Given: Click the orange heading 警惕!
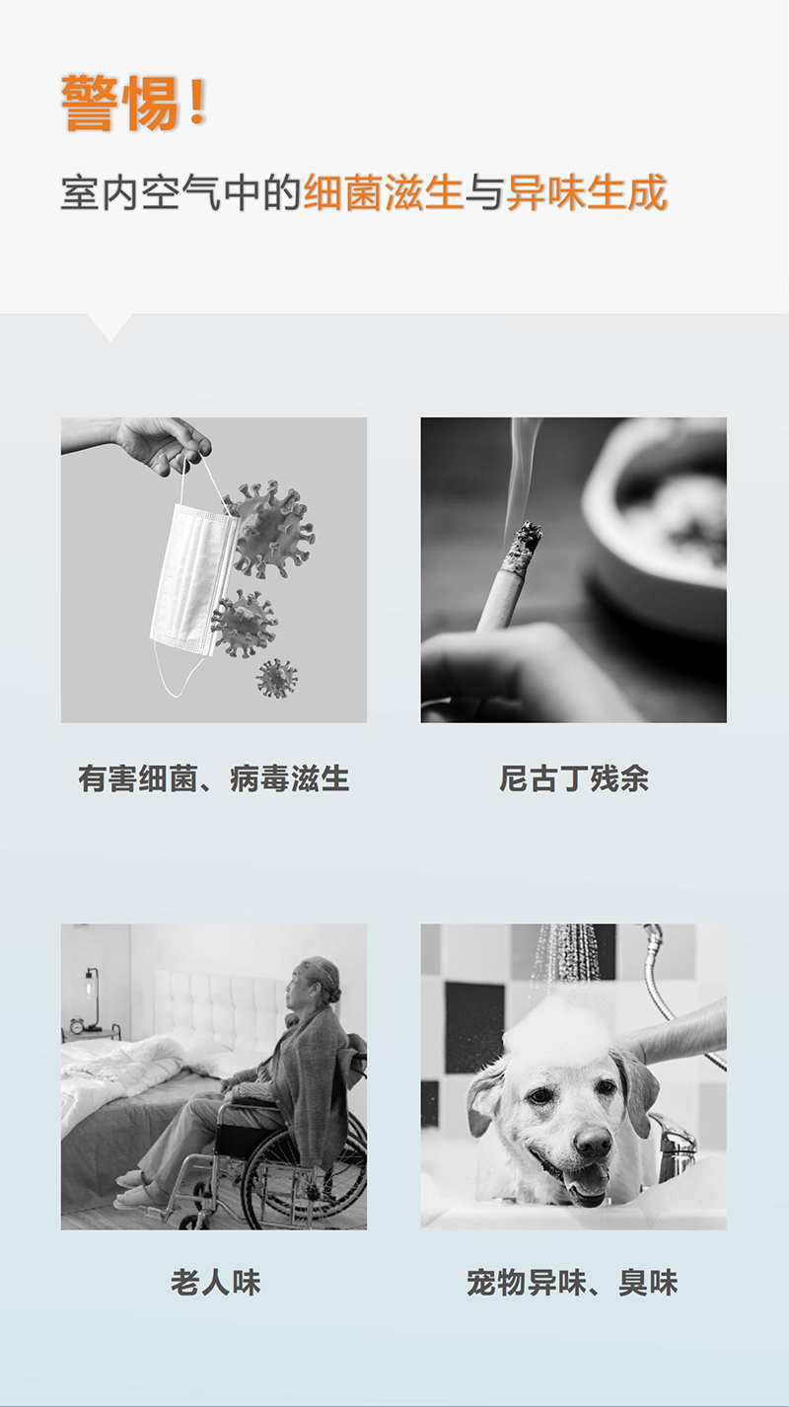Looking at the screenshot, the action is click(134, 103).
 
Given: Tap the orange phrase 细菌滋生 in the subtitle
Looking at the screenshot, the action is click(383, 192).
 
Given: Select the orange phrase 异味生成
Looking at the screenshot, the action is click(586, 192).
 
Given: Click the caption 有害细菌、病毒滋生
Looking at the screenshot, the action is click(213, 778).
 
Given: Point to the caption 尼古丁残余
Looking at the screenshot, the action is click(574, 778).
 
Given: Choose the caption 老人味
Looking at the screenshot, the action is click(215, 1282).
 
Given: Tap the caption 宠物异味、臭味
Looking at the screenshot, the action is click(572, 1282).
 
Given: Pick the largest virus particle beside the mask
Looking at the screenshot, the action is click(270, 529).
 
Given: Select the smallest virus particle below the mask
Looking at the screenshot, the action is click(277, 679).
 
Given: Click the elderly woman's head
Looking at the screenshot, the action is click(314, 984).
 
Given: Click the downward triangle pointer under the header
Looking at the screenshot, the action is click(109, 327).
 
